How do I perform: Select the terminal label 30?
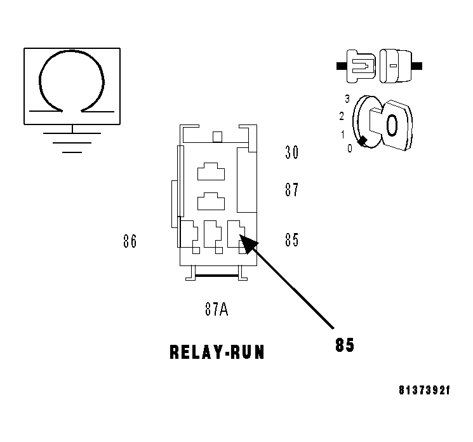coord(291,152)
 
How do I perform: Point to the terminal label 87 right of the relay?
coord(291,190)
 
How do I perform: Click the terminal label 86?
coord(130,241)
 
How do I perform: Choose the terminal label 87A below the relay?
coord(216,309)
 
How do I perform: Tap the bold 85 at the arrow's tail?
coord(345,345)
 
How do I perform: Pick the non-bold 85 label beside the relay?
coord(291,241)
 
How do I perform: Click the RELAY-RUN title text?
coord(217,352)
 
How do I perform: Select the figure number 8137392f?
coord(424,391)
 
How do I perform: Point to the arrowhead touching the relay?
coord(244,241)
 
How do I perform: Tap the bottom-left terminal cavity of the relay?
coord(190,233)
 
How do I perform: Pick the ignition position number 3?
coord(347,98)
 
